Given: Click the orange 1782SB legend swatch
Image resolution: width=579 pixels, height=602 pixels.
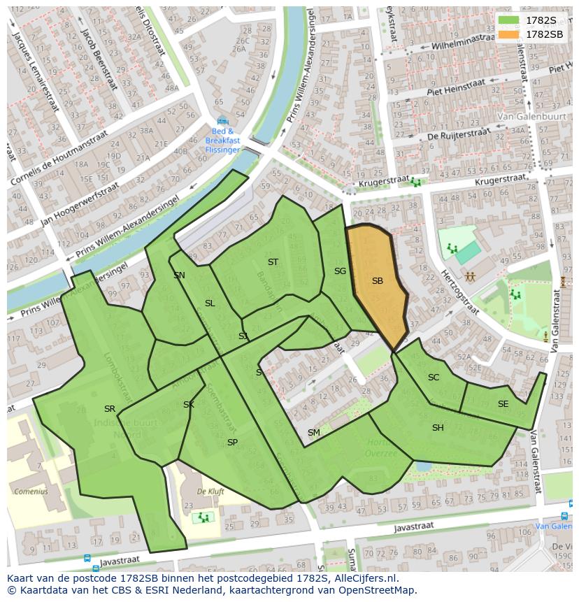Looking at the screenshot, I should click(x=510, y=34).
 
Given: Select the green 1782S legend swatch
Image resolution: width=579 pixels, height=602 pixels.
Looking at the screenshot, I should click(x=510, y=20).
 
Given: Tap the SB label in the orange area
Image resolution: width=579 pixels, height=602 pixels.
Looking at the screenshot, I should click(x=378, y=281).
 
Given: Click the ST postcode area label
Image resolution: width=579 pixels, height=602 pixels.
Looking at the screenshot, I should click(x=273, y=262).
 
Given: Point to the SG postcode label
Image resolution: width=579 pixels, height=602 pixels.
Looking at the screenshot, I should click(x=340, y=271).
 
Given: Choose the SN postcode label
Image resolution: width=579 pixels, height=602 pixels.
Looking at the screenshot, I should click(x=179, y=275).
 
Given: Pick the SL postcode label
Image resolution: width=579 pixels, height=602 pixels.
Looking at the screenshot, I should click(x=210, y=303).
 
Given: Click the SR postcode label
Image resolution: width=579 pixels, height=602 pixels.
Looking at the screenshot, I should click(x=110, y=409).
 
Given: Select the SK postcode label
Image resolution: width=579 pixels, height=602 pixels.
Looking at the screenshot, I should click(x=189, y=405).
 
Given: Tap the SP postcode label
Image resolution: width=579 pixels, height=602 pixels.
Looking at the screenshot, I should click(x=232, y=443).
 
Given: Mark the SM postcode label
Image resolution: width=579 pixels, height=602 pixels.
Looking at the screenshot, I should click(x=314, y=433).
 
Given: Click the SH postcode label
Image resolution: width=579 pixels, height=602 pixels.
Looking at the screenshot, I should click(x=438, y=428).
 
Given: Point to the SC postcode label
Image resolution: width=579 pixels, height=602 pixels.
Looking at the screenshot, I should click(x=434, y=378).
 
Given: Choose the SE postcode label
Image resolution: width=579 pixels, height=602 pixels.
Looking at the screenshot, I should click(x=503, y=404).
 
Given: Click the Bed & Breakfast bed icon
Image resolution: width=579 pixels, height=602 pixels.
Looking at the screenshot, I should click(x=222, y=120).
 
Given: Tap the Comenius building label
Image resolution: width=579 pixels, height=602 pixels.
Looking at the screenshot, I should click(x=31, y=491).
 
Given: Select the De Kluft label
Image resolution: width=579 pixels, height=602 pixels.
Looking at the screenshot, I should click(x=210, y=492).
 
